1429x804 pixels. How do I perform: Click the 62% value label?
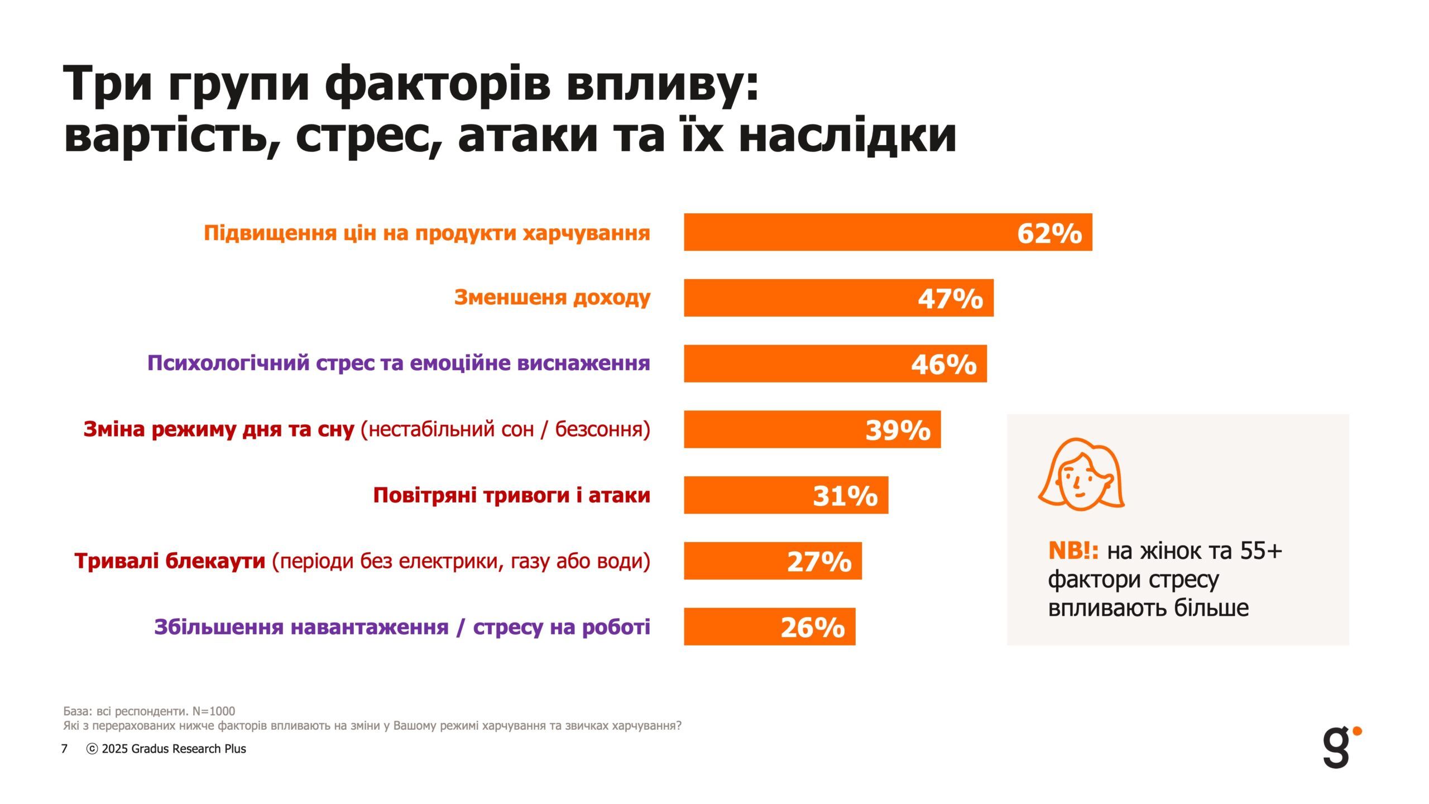(1049, 233)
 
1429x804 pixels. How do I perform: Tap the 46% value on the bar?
(943, 364)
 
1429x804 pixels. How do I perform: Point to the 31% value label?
(845, 495)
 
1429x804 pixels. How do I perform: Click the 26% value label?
(812, 627)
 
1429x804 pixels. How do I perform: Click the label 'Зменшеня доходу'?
(552, 298)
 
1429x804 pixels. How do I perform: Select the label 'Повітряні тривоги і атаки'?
(511, 495)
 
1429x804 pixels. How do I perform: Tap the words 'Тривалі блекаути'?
(170, 561)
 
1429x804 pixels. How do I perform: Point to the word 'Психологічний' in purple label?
(228, 363)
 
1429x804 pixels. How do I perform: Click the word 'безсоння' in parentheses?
(602, 429)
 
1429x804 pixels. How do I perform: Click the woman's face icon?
(1081, 475)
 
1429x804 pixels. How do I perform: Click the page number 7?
(64, 749)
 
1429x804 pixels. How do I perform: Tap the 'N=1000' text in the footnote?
(213, 711)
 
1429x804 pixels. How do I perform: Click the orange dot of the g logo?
(1358, 730)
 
